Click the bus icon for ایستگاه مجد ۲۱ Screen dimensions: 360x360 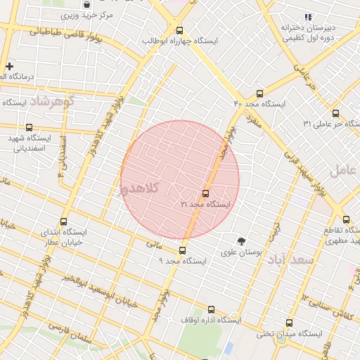click(x=205, y=193)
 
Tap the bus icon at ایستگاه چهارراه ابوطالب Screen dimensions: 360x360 click(x=179, y=30)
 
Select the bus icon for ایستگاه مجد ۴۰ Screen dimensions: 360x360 click(x=259, y=93)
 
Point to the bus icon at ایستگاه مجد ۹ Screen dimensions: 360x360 click(x=183, y=250)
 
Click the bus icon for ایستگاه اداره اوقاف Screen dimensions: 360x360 click(x=211, y=309)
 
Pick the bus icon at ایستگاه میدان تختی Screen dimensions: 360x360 click(x=289, y=323)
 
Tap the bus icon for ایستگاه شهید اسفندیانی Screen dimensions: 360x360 click(x=29, y=128)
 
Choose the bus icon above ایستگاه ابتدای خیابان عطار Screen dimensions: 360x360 click(x=64, y=221)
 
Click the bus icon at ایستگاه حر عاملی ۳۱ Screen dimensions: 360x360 click(x=335, y=112)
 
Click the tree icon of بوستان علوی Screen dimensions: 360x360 click(x=241, y=240)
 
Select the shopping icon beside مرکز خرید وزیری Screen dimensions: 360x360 click(x=86, y=4)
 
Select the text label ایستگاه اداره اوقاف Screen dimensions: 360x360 click(x=210, y=320)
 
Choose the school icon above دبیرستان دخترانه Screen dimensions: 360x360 click(x=307, y=17)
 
